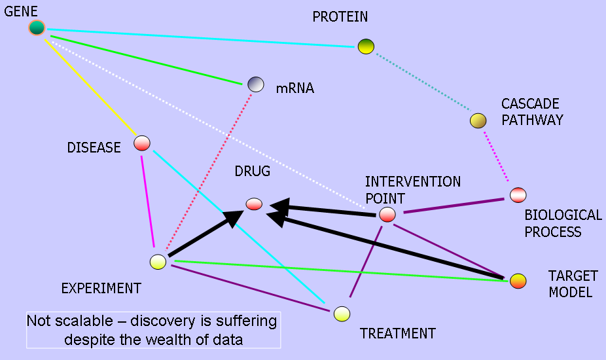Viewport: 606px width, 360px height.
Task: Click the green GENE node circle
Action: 37,27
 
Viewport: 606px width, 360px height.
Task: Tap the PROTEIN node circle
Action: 366,46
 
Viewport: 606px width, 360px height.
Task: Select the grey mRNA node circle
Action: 256,84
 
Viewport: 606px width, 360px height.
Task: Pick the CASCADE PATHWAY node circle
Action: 478,120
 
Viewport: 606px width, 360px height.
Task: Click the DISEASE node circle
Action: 142,143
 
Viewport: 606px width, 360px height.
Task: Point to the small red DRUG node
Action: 254,204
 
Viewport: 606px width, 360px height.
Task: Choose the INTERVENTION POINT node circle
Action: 387,214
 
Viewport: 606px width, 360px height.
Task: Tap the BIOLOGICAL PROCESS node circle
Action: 518,194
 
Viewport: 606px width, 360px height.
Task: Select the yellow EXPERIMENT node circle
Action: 158,262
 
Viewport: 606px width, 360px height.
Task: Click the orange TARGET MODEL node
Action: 518,281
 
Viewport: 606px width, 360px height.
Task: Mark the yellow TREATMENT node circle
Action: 341,314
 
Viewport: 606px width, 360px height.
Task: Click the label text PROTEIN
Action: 340,16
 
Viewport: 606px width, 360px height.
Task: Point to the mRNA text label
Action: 294,88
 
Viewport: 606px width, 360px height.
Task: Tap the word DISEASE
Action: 94,148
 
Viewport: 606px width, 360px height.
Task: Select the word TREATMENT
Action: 397,334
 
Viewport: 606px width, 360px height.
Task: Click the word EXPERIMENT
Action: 101,288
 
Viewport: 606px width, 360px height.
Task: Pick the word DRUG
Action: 252,171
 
